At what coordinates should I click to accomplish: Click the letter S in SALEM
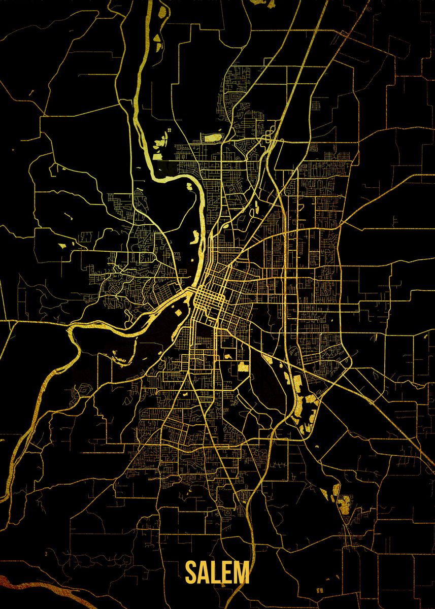point(191,573)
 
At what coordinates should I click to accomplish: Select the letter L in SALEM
point(217,573)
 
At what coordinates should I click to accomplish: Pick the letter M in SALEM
point(242,573)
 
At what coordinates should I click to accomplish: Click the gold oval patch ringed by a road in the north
point(212,137)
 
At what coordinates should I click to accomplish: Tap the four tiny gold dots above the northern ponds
point(168,131)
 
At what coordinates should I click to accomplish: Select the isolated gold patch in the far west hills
point(63,246)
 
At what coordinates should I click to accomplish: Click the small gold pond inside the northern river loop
point(189,186)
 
